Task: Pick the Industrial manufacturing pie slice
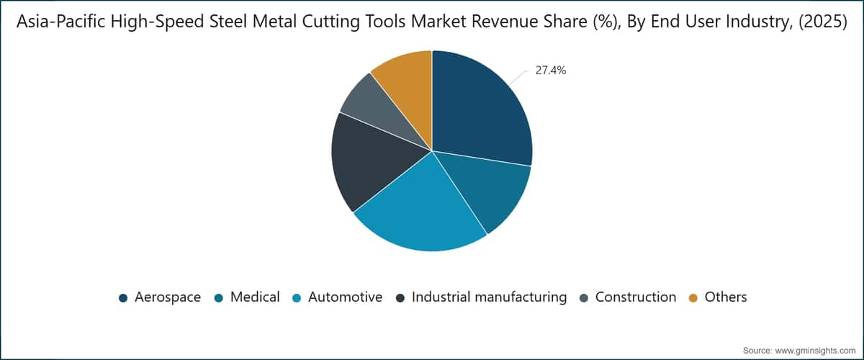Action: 370,162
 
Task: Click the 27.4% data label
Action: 550,71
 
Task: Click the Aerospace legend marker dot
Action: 123,298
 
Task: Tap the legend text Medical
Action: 255,297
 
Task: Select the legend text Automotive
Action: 345,297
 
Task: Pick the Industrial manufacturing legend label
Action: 489,297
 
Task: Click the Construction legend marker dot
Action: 584,298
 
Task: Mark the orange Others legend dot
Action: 693,298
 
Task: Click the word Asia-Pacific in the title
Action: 61,22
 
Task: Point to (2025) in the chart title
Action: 823,22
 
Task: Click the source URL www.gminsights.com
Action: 815,351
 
